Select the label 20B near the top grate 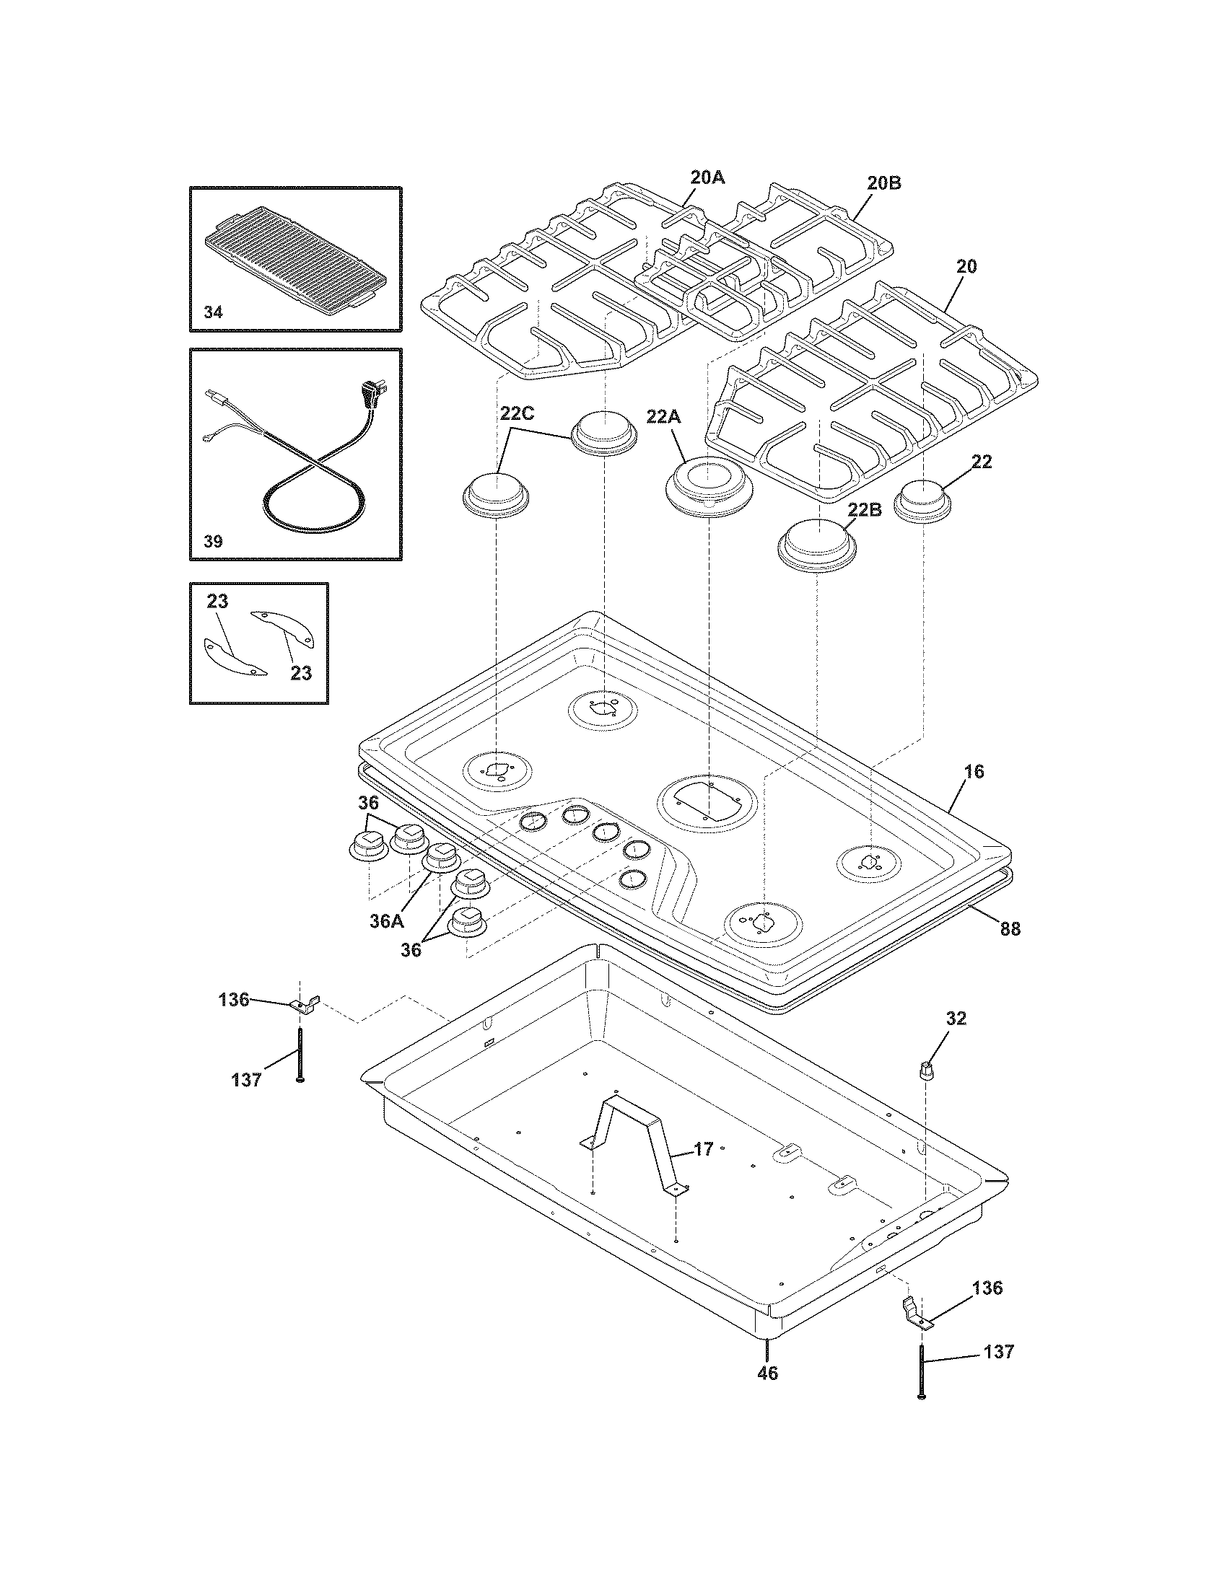[x=884, y=183]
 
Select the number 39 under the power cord [x=213, y=541]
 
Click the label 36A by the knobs [x=385, y=921]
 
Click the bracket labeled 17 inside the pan [x=638, y=1148]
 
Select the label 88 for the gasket [x=1010, y=928]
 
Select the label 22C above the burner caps [x=517, y=413]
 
